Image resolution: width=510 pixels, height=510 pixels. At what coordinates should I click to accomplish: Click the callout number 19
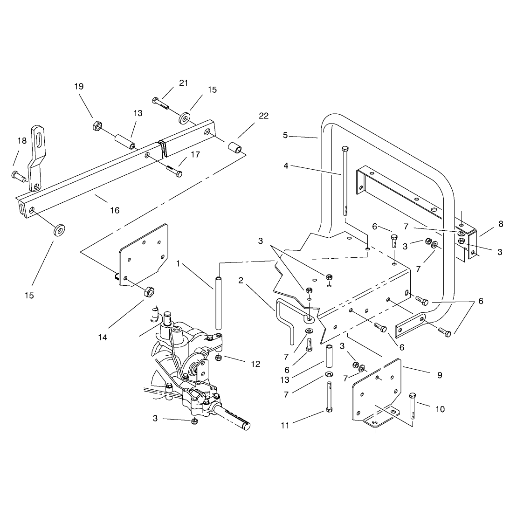[79, 86]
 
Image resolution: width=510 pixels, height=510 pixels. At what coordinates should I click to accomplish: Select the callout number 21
[184, 83]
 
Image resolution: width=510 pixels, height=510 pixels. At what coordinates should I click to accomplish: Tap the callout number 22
[264, 116]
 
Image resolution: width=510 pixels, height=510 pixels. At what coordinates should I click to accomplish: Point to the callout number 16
[115, 210]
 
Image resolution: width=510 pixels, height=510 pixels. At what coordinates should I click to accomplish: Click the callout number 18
[22, 140]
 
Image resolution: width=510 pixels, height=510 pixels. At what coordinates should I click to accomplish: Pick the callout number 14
[103, 338]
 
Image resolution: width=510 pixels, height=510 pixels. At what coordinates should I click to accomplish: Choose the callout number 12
[255, 364]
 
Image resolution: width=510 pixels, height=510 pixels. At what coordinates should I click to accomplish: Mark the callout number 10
[440, 409]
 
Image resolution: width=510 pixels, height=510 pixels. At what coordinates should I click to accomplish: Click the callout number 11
[285, 426]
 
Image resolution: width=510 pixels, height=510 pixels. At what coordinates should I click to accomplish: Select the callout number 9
[440, 375]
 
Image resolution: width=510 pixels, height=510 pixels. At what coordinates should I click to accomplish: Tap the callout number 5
[285, 135]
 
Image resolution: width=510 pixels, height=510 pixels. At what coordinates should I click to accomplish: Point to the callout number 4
[286, 166]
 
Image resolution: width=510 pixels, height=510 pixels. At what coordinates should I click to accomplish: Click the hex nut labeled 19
[96, 125]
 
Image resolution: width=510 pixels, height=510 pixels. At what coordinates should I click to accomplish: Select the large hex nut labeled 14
[149, 291]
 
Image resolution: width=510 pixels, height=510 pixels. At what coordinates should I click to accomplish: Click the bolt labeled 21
[160, 103]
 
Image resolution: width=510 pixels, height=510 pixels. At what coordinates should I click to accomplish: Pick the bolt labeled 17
[174, 171]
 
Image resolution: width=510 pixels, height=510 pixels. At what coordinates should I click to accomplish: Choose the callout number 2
[241, 280]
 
